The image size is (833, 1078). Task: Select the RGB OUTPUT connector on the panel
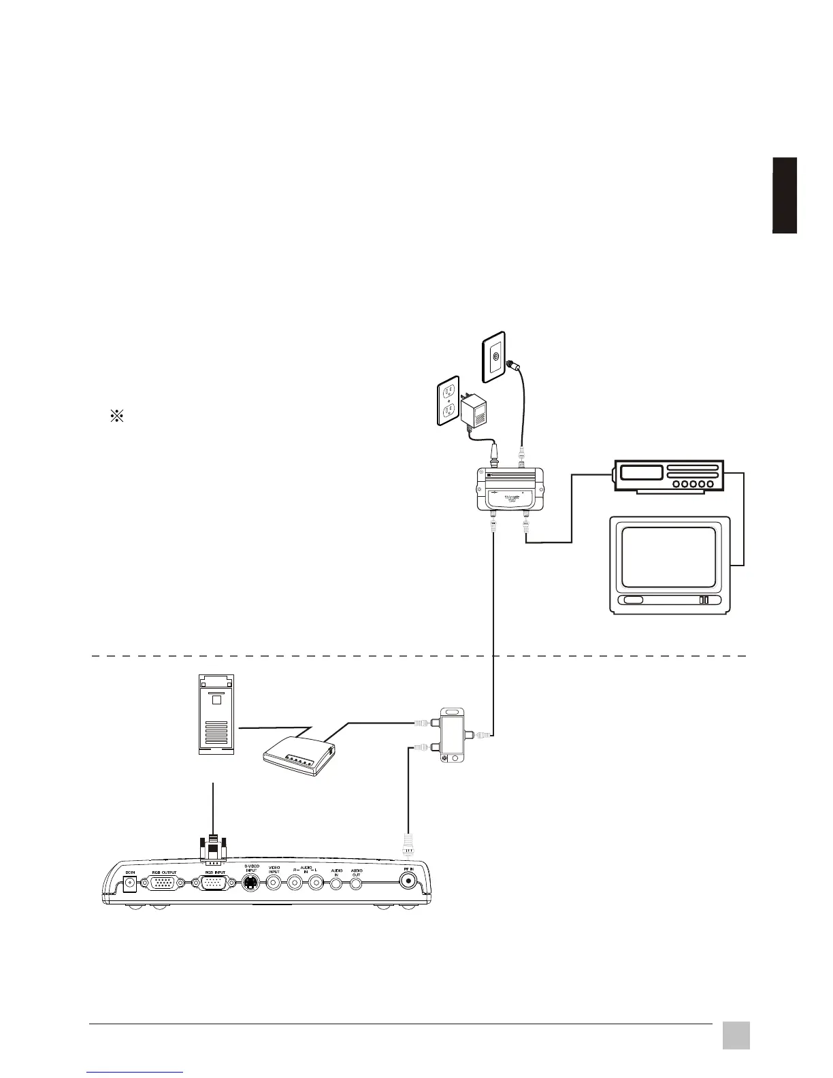tap(161, 883)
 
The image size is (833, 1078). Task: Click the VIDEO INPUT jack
tap(274, 883)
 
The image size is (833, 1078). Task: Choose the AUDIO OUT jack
tap(357, 883)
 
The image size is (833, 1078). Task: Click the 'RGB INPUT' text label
tap(214, 872)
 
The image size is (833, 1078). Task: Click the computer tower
tap(214, 714)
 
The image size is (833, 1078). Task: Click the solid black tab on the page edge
tap(785, 195)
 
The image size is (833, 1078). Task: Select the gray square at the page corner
tap(736, 1035)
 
